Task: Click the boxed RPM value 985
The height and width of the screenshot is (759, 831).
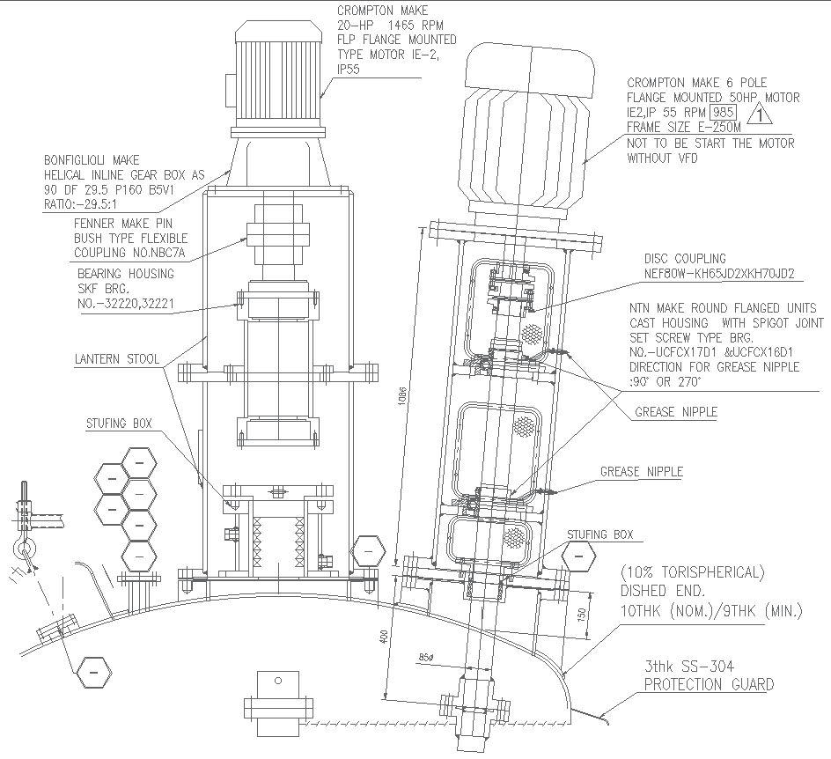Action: pyautogui.click(x=724, y=112)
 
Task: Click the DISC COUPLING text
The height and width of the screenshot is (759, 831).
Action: pyautogui.click(x=685, y=259)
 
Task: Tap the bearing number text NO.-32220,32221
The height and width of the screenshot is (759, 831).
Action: pyautogui.click(x=126, y=305)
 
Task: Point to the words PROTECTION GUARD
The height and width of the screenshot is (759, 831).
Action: pyautogui.click(x=709, y=684)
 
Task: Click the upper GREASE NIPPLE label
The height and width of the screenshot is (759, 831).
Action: pyautogui.click(x=675, y=411)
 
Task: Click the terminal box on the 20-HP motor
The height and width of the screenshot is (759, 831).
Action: pyautogui.click(x=230, y=89)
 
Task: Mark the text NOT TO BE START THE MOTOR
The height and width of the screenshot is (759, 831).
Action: pyautogui.click(x=710, y=144)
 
